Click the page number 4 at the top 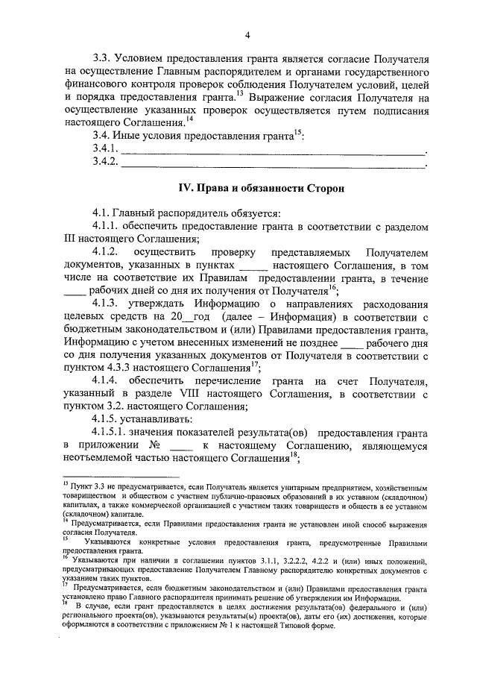tap(247, 34)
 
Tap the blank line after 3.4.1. tap(273, 151)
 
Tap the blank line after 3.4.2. tap(273, 166)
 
